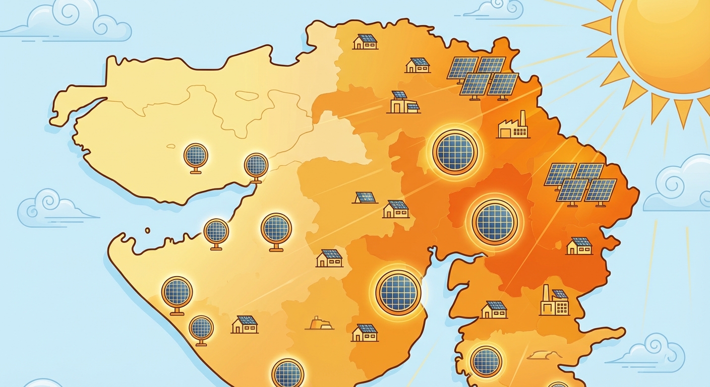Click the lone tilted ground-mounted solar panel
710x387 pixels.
(365, 197)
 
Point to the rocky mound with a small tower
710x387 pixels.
(319, 324)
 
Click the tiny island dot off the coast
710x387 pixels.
(147, 230)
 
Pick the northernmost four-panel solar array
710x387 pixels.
(482, 76)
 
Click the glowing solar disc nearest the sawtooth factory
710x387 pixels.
(455, 152)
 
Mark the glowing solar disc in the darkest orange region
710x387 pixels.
(495, 222)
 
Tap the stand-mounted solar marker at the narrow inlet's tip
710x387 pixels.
(256, 167)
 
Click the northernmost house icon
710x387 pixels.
(365, 41)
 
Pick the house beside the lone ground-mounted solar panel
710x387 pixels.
(396, 209)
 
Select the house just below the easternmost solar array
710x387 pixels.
(579, 245)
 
